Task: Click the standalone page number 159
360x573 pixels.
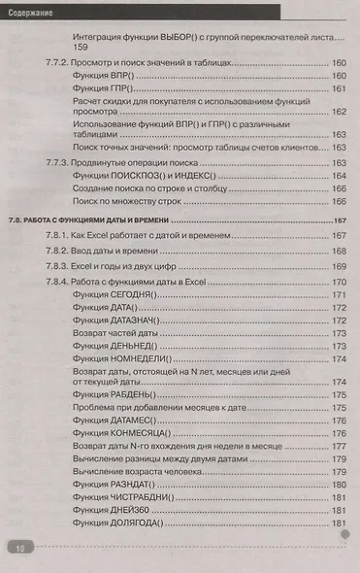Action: point(81,48)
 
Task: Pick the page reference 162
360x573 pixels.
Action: point(339,111)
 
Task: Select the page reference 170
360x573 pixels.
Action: point(339,282)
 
